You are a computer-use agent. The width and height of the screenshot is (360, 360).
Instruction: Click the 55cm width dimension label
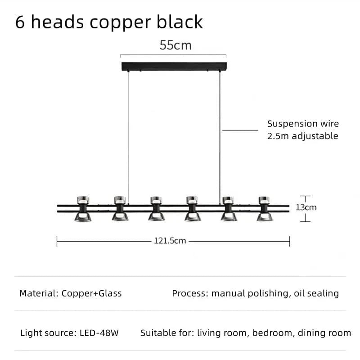point(175,45)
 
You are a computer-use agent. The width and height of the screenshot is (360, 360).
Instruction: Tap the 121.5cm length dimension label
point(170,241)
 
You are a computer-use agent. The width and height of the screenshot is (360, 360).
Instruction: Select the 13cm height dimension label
point(306,207)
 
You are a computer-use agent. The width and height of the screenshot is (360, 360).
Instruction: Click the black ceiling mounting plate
point(174,66)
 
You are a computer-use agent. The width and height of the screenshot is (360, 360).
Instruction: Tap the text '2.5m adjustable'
point(302,136)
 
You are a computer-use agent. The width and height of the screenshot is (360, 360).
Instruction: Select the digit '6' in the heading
point(20,22)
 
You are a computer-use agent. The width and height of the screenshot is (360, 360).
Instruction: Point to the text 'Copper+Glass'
point(92,293)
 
